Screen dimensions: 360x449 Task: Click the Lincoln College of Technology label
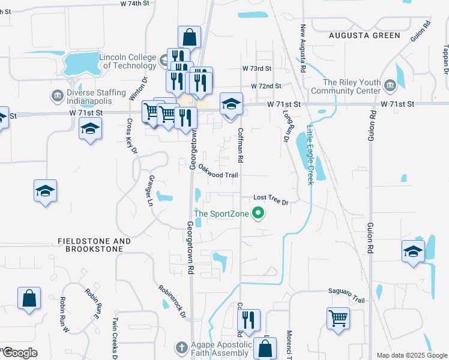tap(128, 61)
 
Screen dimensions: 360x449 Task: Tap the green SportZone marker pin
tap(259, 213)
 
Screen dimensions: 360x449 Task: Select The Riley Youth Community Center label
tap(352, 87)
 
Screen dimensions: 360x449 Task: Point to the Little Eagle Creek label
tap(310, 155)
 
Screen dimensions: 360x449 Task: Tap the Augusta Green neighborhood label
tap(364, 35)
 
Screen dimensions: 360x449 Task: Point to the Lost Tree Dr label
tap(271, 199)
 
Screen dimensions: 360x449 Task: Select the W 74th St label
tap(134, 4)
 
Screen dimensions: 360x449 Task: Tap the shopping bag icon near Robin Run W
tap(29, 298)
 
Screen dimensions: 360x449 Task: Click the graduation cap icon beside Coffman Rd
tap(231, 104)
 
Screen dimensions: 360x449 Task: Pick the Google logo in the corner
tap(19, 353)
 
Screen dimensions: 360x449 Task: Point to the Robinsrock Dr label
tap(172, 302)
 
